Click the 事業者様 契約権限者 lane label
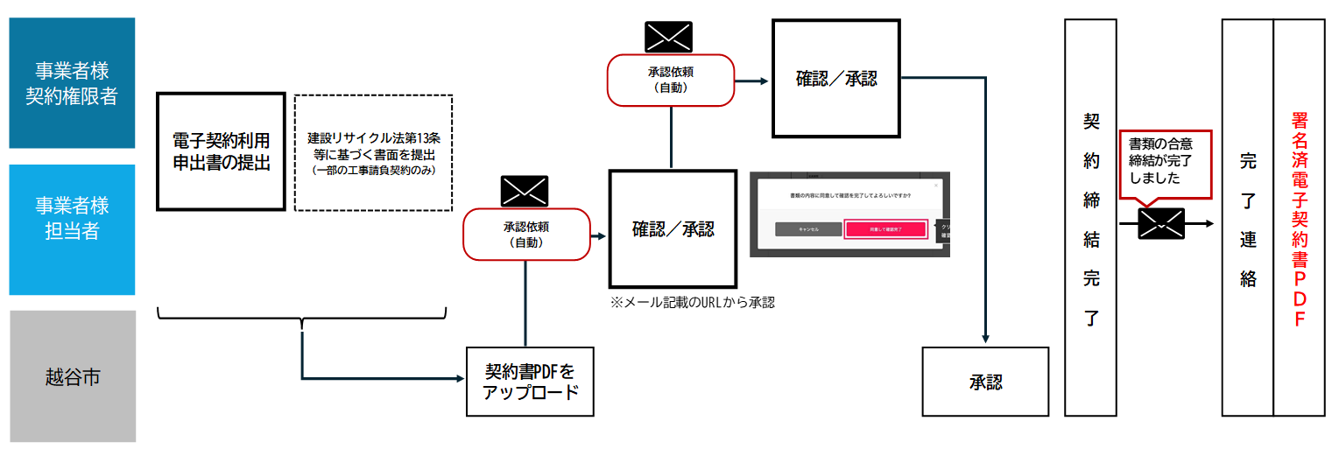tap(72, 83)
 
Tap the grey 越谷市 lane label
tap(72, 377)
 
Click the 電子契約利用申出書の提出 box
tap(221, 151)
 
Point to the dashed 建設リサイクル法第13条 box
tap(373, 153)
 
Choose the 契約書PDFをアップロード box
tap(531, 382)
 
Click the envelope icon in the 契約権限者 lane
tap(668, 36)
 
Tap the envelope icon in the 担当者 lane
tap(524, 191)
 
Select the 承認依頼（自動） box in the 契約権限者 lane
tap(670, 81)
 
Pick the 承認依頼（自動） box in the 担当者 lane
tap(525, 234)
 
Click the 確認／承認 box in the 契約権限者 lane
tap(835, 78)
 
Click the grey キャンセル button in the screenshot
tap(807, 229)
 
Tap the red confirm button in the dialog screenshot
tap(884, 229)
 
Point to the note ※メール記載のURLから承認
tap(693, 303)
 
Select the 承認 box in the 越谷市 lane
tap(985, 382)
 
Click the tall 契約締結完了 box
tap(1090, 218)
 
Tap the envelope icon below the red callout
tap(1161, 224)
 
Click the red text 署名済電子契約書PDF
tap(1300, 218)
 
